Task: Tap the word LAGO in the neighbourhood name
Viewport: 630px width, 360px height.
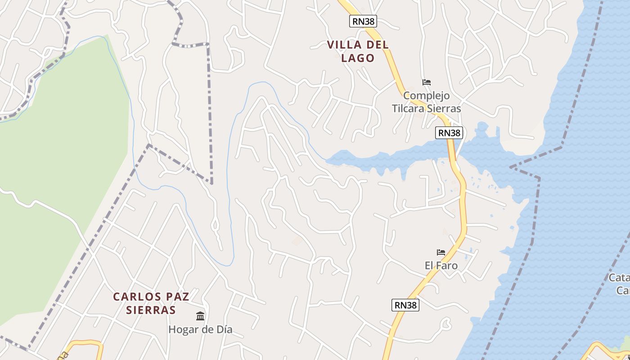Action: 358,58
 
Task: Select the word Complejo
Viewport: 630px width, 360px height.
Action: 426,96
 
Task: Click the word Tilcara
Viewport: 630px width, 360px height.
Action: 409,109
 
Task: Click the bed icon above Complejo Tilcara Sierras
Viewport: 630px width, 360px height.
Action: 427,82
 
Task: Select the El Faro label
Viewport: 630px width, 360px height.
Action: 441,265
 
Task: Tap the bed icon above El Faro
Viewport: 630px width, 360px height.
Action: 441,252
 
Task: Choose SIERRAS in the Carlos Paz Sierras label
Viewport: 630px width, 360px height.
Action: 151,310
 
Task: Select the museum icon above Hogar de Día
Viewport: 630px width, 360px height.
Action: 200,316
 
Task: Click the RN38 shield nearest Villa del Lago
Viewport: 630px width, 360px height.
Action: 363,21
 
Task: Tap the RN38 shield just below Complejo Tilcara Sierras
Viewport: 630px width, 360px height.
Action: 449,133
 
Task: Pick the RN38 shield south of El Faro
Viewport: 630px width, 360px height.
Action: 405,305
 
